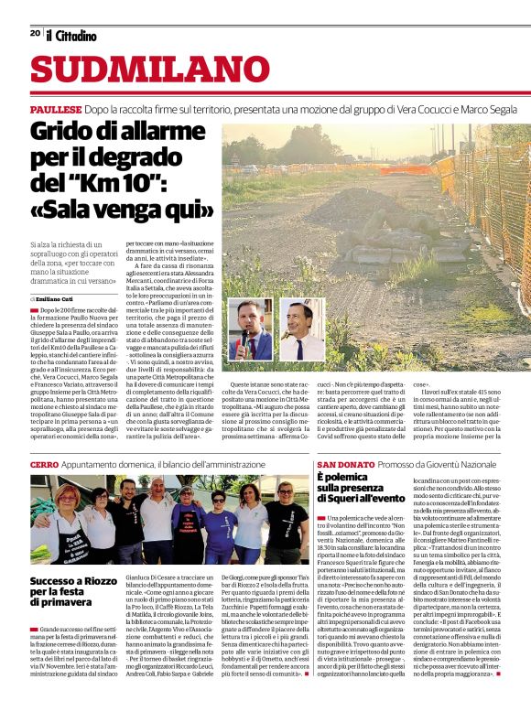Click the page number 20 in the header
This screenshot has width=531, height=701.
34,33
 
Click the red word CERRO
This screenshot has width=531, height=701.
45,465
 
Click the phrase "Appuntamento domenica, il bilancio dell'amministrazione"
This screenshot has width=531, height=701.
164,465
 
